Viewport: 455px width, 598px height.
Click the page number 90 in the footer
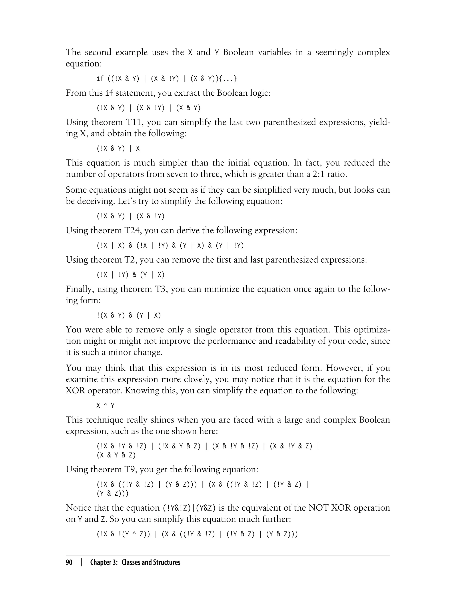coord(69,562)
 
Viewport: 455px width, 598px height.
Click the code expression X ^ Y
coord(105,406)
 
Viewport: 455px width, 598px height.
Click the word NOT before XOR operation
coord(319,508)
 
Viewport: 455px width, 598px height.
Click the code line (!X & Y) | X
coord(118,149)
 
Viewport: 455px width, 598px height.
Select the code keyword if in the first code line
coord(100,79)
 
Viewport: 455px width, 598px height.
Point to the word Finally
coord(80,289)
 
